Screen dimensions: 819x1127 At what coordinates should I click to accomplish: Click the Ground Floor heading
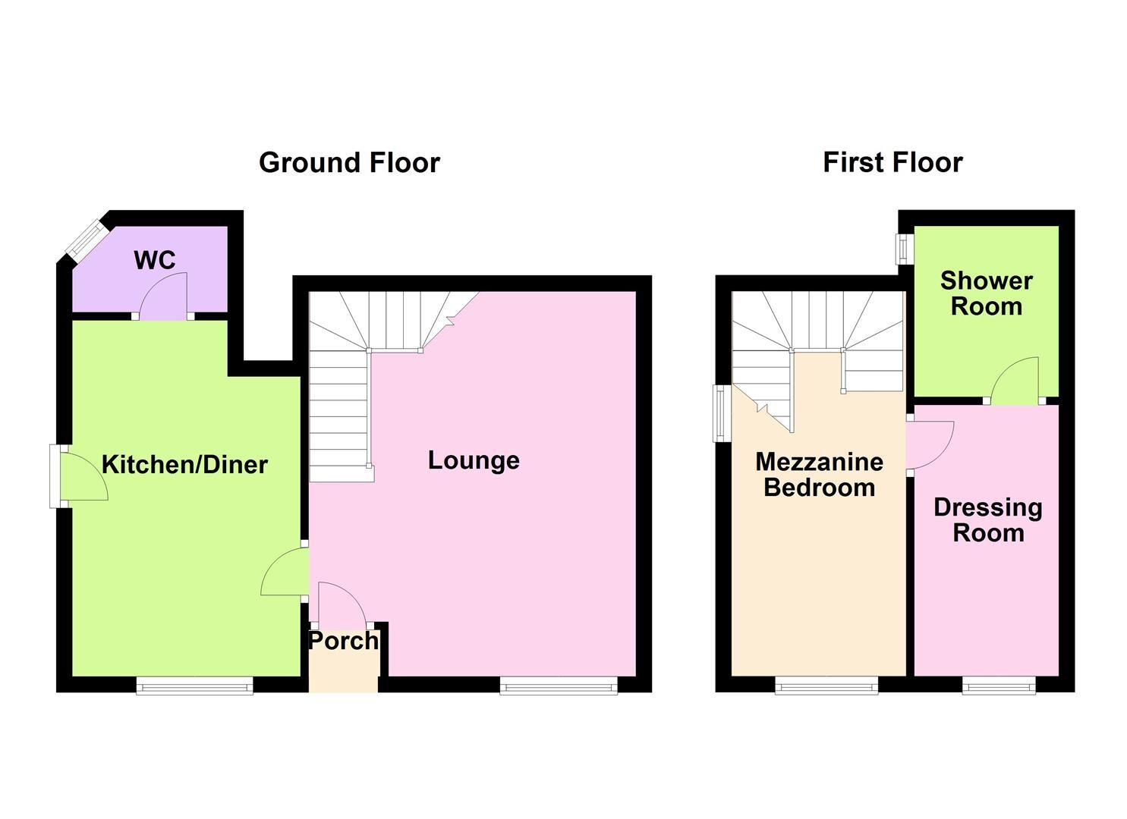(349, 162)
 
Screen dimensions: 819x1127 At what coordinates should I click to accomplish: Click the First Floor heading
(892, 162)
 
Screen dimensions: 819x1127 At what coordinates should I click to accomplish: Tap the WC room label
(155, 260)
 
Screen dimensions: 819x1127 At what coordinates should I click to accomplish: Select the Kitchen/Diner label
(184, 464)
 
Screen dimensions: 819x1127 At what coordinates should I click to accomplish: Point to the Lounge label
(474, 460)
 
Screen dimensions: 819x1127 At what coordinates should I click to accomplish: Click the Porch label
(343, 641)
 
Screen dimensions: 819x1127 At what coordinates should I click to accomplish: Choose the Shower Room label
(986, 293)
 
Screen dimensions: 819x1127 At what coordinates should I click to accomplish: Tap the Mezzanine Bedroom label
(819, 474)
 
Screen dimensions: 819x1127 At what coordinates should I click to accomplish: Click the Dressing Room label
(987, 519)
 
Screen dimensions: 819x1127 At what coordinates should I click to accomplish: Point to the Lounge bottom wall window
(559, 686)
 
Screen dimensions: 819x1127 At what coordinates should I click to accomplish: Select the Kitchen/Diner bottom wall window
(194, 686)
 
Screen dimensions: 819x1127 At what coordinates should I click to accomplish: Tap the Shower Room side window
(903, 248)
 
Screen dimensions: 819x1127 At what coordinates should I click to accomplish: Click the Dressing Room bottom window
(999, 686)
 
